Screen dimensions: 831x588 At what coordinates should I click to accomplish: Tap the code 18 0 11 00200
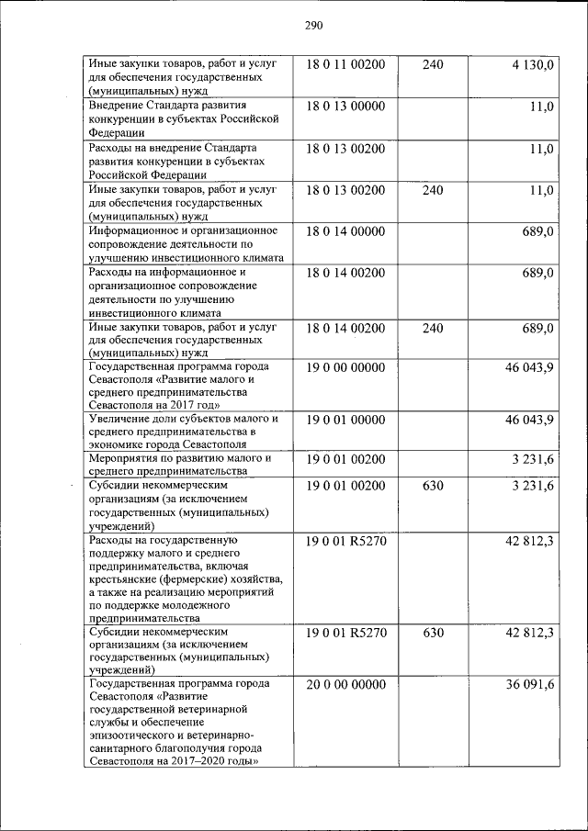click(x=345, y=64)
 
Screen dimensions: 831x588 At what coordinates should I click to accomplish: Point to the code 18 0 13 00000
click(x=345, y=107)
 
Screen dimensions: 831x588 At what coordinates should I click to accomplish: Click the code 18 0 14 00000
click(x=345, y=231)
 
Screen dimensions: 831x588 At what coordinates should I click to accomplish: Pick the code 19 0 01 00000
click(x=345, y=419)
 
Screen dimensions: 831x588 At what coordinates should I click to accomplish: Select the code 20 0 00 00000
click(x=345, y=684)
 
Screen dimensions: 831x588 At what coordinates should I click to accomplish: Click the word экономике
click(x=116, y=444)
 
